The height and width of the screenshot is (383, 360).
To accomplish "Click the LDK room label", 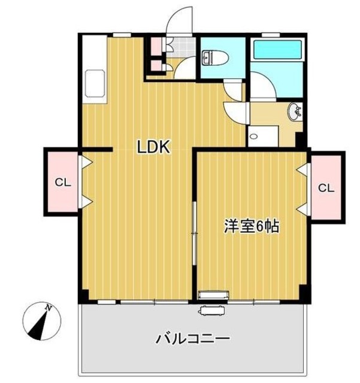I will pos(155,147).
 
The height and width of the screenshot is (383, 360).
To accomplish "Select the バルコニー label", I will pos(193,339).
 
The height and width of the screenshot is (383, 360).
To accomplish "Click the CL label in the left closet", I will pos(62,184).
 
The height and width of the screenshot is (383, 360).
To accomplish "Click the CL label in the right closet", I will pos(325,187).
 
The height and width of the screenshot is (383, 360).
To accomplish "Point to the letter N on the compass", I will pos(51,308).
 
